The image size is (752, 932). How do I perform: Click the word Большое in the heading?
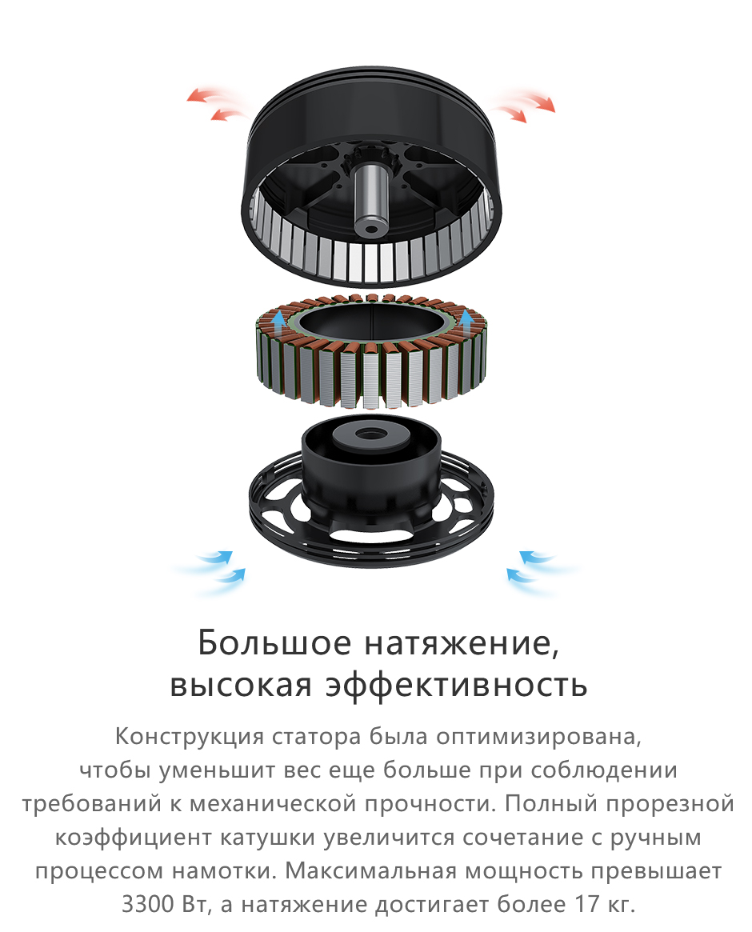(274, 643)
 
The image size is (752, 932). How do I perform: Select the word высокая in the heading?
(241, 685)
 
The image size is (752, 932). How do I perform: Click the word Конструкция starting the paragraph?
(189, 737)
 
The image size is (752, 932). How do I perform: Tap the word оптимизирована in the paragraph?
(538, 737)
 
